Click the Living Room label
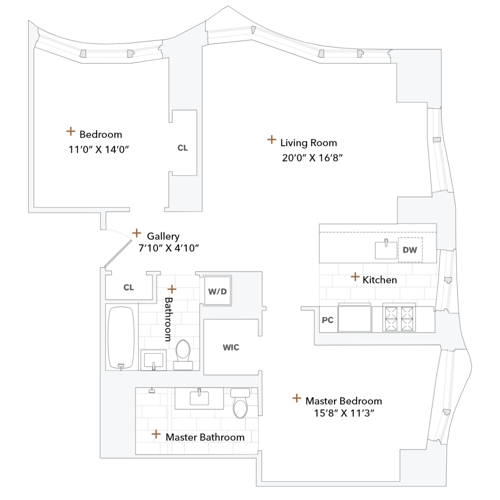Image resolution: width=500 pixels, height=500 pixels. [x=308, y=143]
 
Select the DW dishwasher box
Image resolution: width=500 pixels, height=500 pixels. [x=410, y=249]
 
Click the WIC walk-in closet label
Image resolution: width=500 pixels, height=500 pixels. [x=230, y=347]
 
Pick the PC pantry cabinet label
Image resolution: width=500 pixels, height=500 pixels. [x=327, y=320]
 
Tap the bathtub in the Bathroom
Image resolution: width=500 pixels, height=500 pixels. [x=121, y=337]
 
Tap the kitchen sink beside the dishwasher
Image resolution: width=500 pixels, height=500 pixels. [x=385, y=249]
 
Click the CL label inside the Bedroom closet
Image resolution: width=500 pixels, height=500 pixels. [x=182, y=148]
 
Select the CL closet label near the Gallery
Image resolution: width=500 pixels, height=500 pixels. [x=128, y=287]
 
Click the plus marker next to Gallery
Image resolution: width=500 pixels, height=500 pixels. [x=136, y=233]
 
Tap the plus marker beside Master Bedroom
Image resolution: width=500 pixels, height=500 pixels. [x=297, y=398]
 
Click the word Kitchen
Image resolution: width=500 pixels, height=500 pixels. [x=380, y=280]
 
